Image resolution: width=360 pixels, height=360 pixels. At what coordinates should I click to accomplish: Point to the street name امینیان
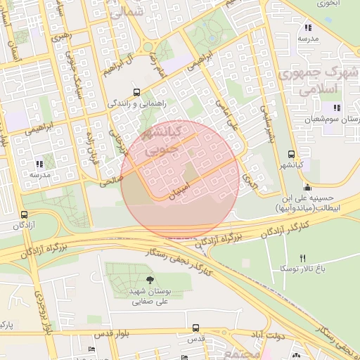pos(176,191)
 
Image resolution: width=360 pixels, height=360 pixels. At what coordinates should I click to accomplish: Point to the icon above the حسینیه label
pos(307,187)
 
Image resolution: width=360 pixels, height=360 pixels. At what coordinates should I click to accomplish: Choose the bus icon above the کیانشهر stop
pos(290,155)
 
